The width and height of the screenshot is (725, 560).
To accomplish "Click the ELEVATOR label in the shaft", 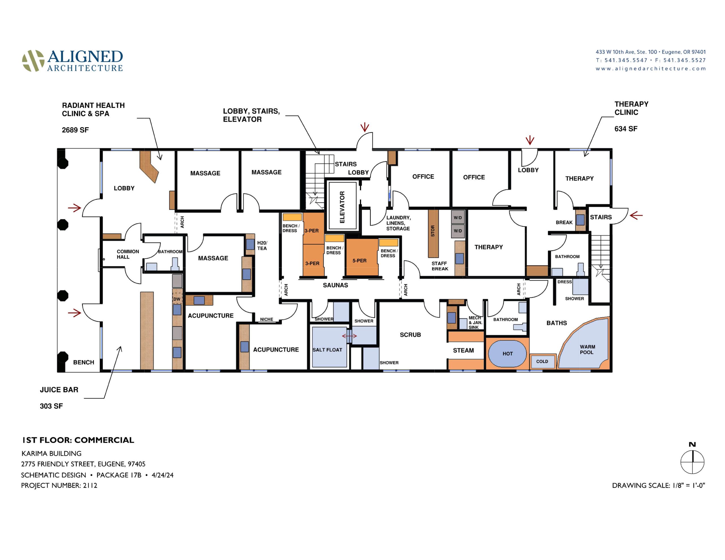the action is coord(342,207).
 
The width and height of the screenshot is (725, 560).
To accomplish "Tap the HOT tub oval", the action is coord(507,354).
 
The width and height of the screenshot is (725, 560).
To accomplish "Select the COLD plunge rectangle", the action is coord(542,362).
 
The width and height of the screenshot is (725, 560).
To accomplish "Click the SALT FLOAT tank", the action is coord(329,347).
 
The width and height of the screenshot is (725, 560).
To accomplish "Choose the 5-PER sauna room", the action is coord(362,257).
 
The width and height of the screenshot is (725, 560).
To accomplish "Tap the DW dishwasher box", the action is coord(177,298).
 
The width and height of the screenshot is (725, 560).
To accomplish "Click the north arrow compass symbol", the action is coord(692,461).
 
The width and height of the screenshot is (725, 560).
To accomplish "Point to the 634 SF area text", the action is coord(626,129).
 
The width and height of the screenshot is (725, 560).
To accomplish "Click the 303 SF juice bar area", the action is coord(51,406).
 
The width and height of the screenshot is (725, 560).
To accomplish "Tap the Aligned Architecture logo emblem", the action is coord(33,61).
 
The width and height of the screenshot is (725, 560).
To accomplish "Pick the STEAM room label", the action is coord(463,350).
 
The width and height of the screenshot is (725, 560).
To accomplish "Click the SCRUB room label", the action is coord(410,335).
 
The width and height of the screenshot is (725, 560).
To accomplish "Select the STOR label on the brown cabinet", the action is coord(432,231).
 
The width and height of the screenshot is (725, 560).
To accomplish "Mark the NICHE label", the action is coord(266,319).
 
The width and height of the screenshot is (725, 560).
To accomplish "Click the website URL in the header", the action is coord(651,69).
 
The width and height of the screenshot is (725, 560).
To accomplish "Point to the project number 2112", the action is coord(59,485).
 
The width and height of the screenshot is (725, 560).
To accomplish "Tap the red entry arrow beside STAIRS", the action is coord(636,215).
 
